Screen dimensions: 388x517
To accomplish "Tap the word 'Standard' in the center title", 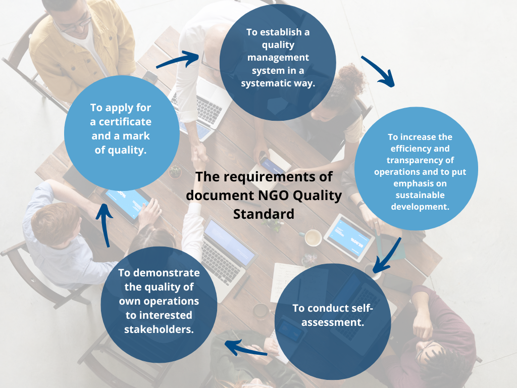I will pyautogui.click(x=264, y=214).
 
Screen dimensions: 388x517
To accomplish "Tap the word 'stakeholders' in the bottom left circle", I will pyautogui.click(x=159, y=329).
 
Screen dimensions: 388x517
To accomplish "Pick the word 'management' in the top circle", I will pyautogui.click(x=278, y=58).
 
